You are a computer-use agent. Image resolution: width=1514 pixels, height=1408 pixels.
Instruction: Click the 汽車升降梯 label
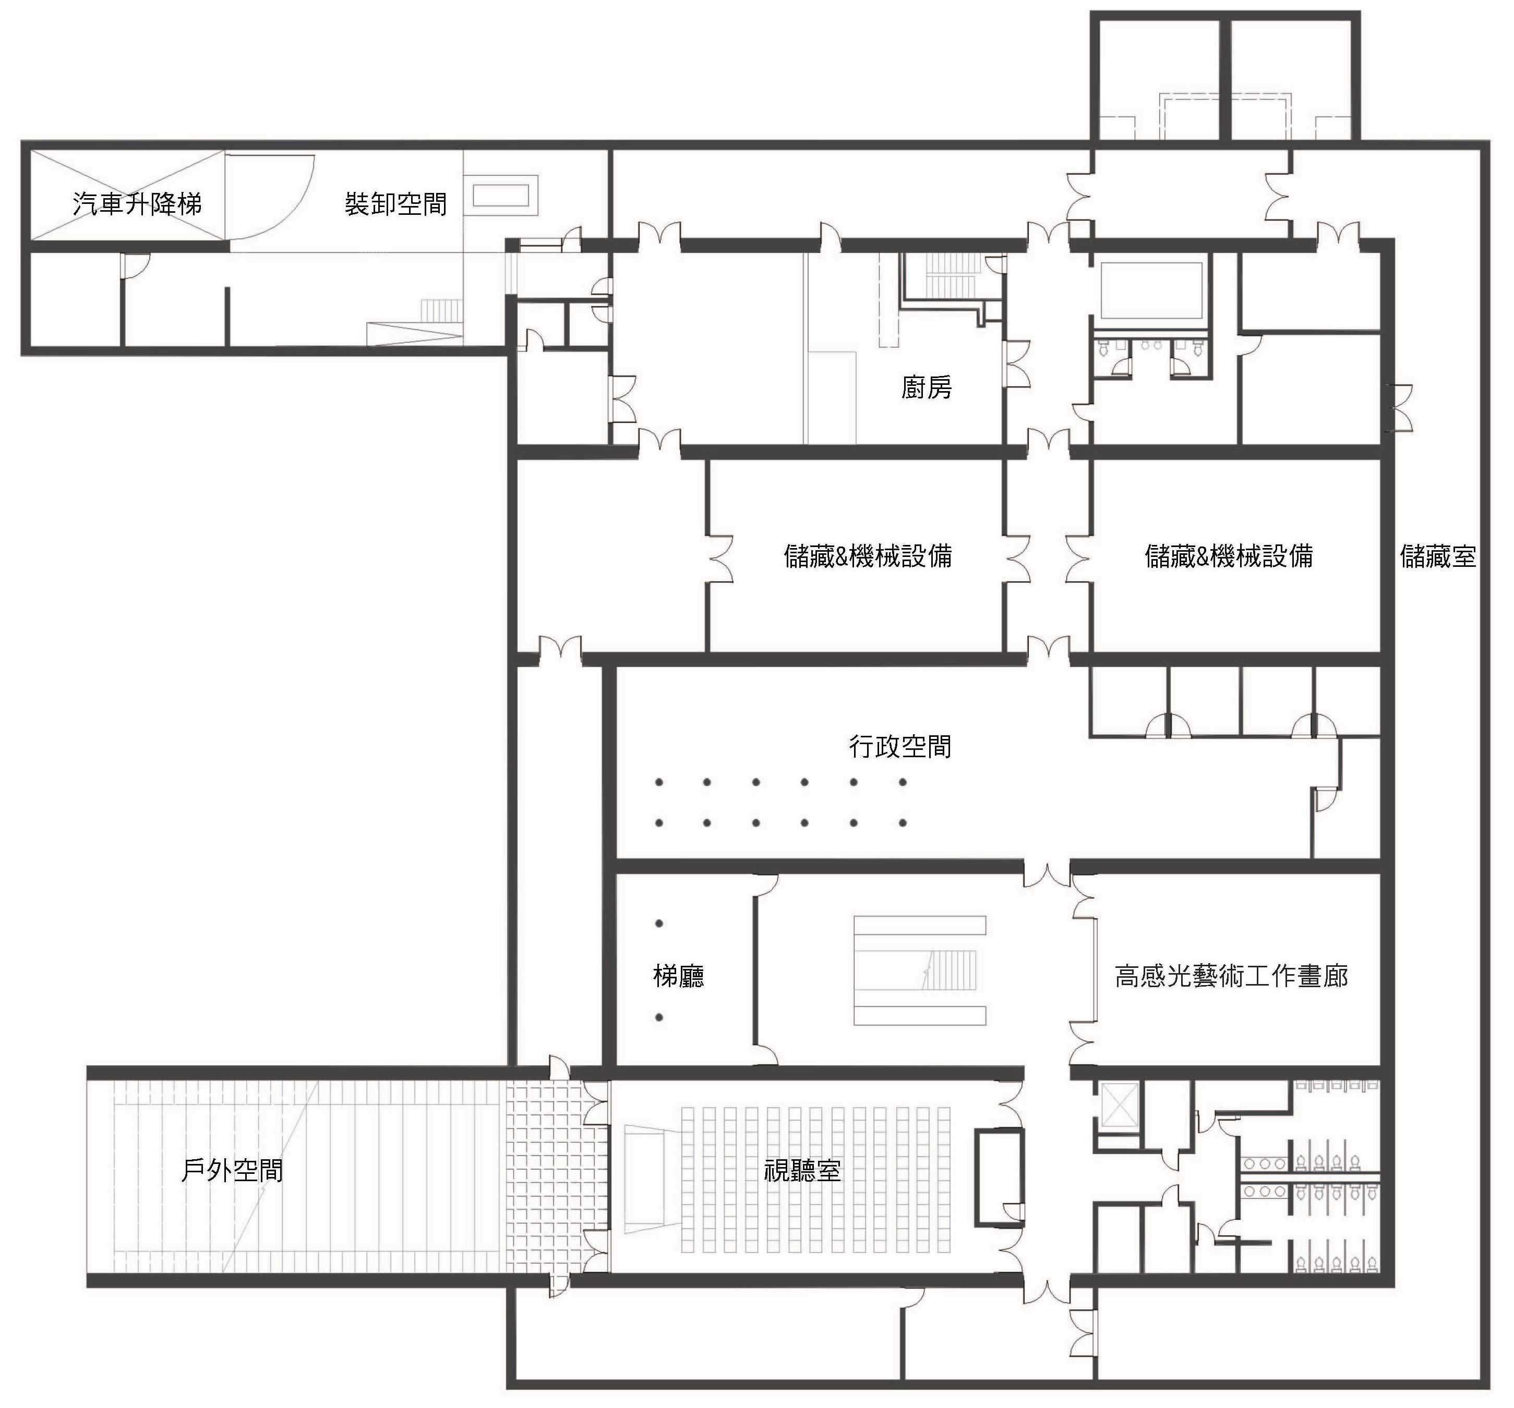tap(137, 204)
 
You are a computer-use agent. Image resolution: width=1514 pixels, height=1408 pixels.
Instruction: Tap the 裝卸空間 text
tap(395, 204)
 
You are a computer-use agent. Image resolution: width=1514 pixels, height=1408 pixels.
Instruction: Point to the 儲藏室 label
tap(1437, 556)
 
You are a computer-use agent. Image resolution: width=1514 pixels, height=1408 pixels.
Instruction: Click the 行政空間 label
tap(900, 747)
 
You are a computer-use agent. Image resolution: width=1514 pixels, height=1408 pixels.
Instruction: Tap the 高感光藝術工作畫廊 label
tap(1231, 976)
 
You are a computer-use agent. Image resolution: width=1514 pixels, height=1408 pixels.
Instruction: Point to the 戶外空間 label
tap(232, 1170)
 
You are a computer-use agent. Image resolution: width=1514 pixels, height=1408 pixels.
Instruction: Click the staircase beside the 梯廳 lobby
tap(919, 970)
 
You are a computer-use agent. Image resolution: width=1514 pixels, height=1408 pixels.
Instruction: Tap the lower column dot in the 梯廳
tap(659, 1017)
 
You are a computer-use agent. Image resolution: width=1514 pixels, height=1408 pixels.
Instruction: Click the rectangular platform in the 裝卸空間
tap(501, 196)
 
